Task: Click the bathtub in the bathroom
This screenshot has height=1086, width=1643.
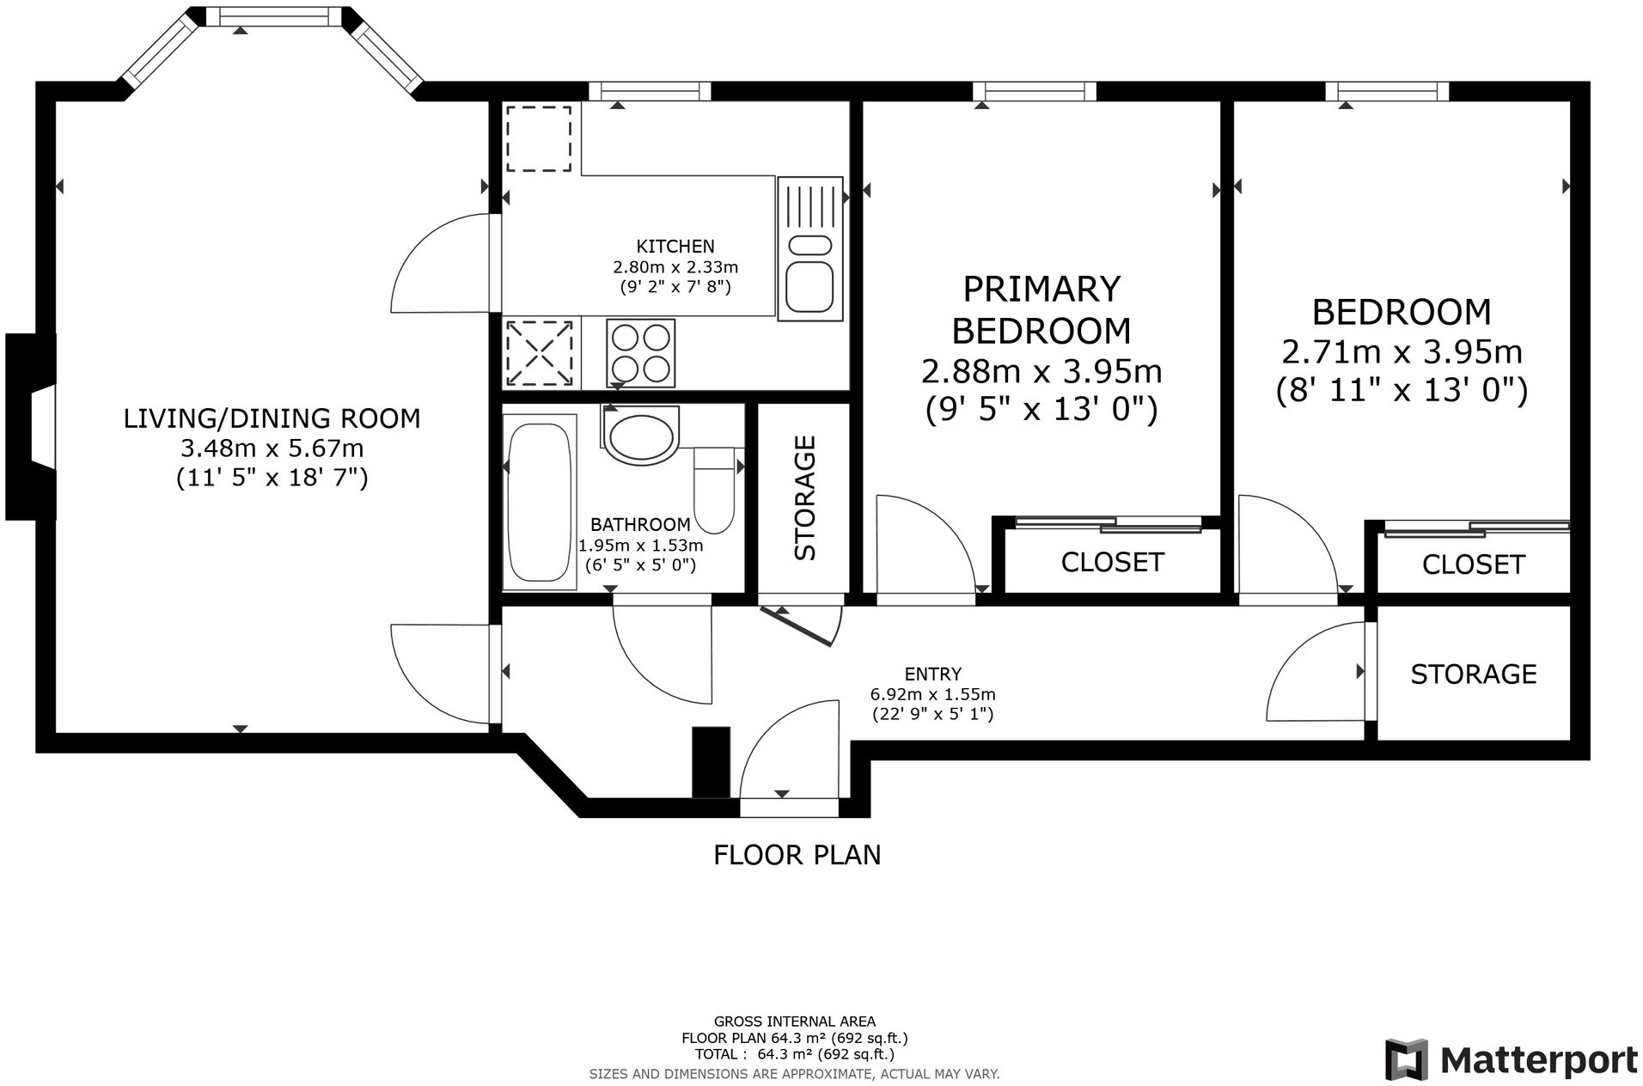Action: click(x=539, y=502)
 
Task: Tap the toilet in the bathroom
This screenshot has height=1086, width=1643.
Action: click(x=713, y=491)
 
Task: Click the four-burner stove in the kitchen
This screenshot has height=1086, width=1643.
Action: click(x=640, y=352)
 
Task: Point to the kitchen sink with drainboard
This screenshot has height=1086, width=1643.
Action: click(x=809, y=248)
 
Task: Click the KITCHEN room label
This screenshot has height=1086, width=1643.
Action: click(x=675, y=247)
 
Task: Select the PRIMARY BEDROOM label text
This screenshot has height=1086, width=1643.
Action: click(x=1041, y=309)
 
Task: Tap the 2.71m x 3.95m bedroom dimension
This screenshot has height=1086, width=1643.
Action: click(x=1402, y=352)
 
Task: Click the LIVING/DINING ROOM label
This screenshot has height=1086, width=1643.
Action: click(x=272, y=418)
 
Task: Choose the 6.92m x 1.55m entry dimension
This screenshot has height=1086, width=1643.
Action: click(x=933, y=694)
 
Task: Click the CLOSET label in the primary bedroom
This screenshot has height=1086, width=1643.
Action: click(x=1112, y=562)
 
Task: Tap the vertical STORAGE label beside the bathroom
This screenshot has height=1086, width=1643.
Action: click(x=804, y=498)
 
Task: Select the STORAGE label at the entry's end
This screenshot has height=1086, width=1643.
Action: click(x=1473, y=674)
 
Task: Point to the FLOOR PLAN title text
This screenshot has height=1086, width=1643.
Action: click(x=797, y=855)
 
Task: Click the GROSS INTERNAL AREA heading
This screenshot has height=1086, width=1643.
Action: click(x=795, y=1022)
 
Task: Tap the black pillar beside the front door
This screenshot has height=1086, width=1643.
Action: click(x=711, y=763)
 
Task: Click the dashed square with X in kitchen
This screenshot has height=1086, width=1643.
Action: click(x=540, y=353)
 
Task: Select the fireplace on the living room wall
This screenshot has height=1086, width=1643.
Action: click(x=31, y=427)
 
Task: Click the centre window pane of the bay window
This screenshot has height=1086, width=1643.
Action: click(x=272, y=16)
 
